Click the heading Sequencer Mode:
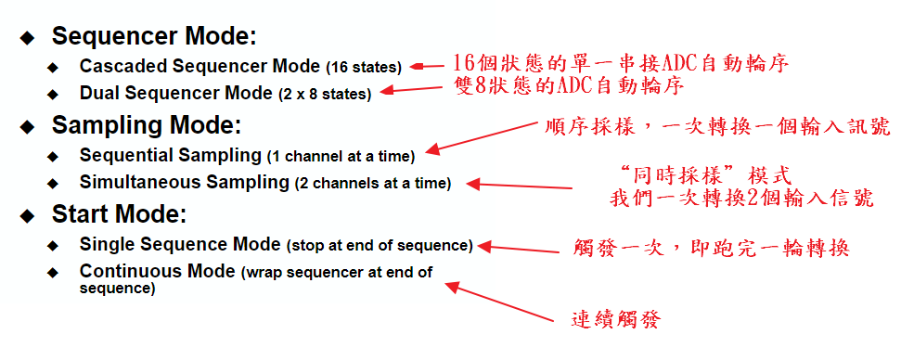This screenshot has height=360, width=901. click(154, 37)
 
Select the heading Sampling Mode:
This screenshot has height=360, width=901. click(147, 126)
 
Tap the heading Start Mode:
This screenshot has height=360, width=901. click(119, 214)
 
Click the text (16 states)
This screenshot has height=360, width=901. click(364, 68)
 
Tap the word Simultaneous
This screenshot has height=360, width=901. click(140, 182)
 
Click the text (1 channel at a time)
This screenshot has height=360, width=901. click(341, 156)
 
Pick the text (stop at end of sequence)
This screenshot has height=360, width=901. click(380, 246)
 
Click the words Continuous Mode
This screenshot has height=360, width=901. click(158, 271)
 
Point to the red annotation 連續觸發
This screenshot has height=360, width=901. click(616, 319)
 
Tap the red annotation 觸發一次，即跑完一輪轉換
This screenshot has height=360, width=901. click(712, 248)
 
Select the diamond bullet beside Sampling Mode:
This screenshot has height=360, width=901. click(26, 127)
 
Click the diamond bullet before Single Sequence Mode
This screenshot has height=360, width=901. click(53, 246)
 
